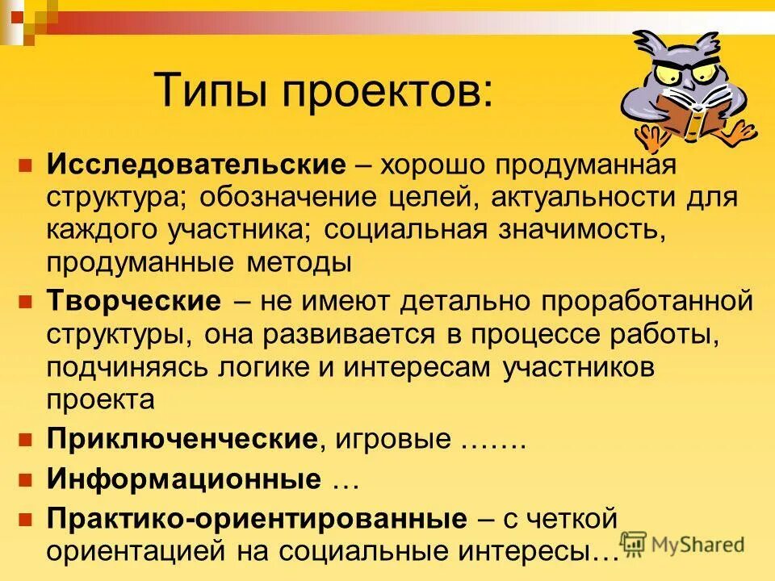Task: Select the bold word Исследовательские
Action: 195,165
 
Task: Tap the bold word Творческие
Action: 133,302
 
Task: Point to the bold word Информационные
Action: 184,478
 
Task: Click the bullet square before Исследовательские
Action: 25,165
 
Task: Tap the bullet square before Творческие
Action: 25,303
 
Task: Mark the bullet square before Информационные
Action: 25,479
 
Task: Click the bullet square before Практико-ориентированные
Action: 25,517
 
